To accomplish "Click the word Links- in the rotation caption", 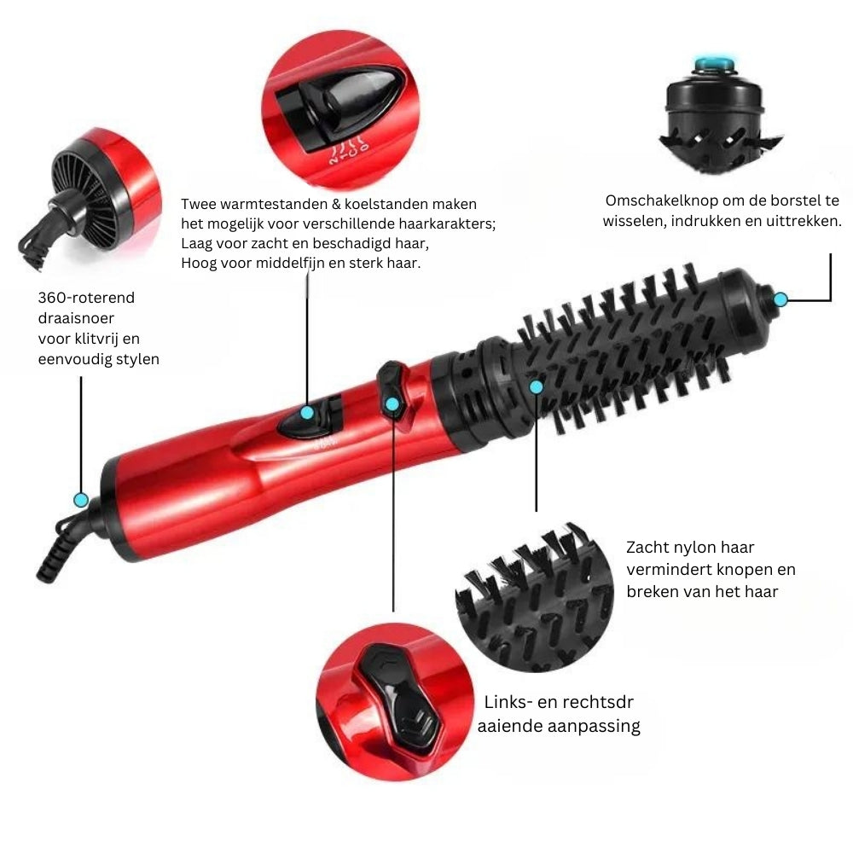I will coord(509,703).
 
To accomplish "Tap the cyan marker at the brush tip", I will coord(780,299).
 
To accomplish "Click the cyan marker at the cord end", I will coord(81,499).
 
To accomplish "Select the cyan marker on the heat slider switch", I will coord(307,413).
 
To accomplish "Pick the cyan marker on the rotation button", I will coord(392,404).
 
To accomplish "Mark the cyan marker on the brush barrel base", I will coord(536,386).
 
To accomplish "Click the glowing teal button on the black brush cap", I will coord(714,61).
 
